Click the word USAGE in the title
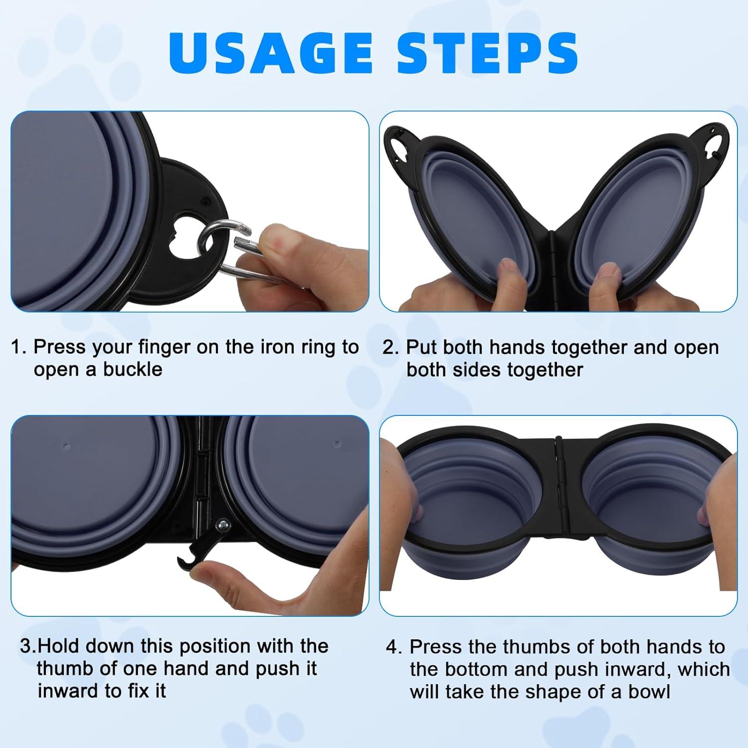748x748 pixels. point(271,53)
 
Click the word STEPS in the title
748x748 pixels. point(488,53)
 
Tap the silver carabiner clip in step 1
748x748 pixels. point(227,252)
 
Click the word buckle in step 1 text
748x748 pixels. point(133,370)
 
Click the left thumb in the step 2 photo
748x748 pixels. point(511,277)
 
